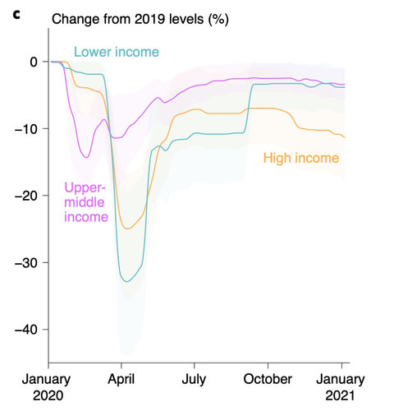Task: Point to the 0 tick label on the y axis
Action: coord(32,62)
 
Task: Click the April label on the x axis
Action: coord(121,379)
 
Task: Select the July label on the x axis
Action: coord(195,379)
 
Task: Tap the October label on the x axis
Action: coord(268,379)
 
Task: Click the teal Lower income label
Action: coord(117,53)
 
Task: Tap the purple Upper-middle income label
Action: coord(86,202)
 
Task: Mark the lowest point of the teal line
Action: coord(126,281)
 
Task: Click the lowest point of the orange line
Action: coord(126,229)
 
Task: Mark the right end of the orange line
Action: coord(345,137)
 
